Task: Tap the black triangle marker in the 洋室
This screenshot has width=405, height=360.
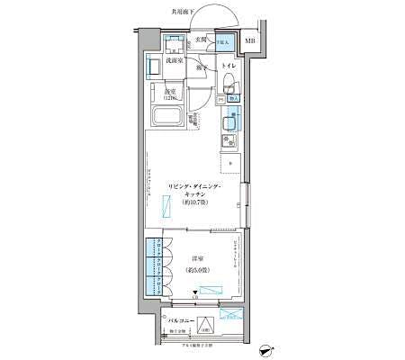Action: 196,292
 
